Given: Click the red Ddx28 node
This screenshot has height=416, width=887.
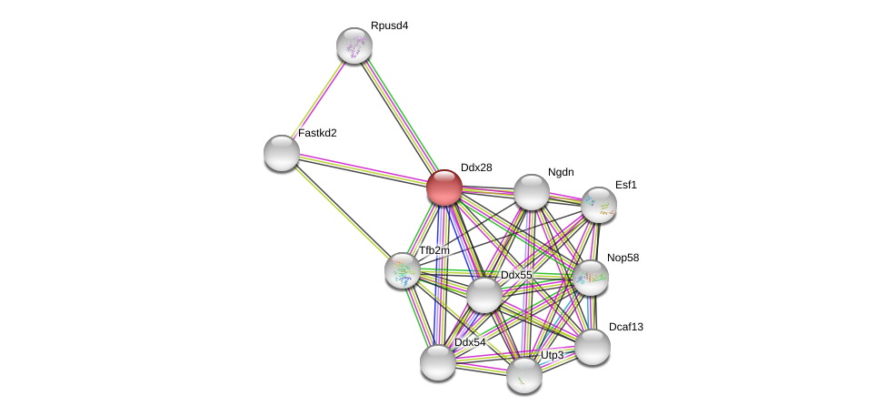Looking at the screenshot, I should pos(444,188).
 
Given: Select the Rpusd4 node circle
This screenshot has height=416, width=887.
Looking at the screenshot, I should pos(354,46).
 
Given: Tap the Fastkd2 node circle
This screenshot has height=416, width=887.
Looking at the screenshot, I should pos(282,153).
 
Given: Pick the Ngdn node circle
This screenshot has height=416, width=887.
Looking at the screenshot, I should pos(532,192).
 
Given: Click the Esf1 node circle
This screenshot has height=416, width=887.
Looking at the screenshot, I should pos(599,205).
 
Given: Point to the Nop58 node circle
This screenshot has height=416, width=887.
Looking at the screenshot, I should pos(591,277).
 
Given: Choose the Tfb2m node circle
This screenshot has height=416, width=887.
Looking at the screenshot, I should pos(403,270).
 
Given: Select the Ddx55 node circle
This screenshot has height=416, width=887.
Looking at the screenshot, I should pos(484,294).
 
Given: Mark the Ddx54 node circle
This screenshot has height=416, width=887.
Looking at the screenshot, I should pos(438,361).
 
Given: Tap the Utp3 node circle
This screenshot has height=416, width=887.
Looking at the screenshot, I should pos(524,374).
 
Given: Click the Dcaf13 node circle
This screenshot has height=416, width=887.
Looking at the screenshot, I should pos(593,346).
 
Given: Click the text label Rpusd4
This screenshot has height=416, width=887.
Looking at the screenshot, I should pos(389,25).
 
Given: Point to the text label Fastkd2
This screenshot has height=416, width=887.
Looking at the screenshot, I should pos(317,133).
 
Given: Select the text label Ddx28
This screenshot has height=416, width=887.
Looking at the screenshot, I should pos(475,167).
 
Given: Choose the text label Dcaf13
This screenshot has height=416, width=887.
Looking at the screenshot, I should pos(630,326).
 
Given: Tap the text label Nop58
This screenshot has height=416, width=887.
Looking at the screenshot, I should pos(623,258).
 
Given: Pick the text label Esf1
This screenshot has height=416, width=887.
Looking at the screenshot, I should pos(625,185).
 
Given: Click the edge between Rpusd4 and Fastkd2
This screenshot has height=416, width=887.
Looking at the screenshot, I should pos(318,99).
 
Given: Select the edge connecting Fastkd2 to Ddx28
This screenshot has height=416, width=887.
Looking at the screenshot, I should pos(364,170).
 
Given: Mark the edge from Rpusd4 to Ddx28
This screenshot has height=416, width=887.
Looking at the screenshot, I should pos(399,117).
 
